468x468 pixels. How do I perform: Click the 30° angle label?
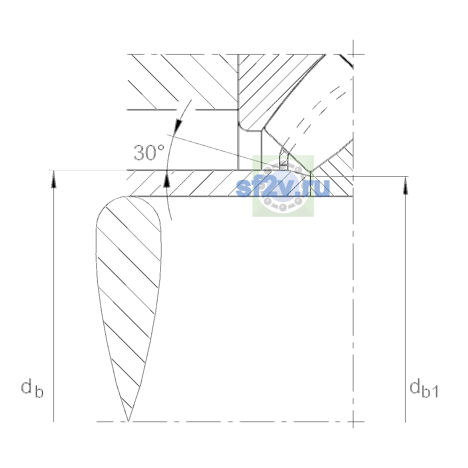coord(149,152)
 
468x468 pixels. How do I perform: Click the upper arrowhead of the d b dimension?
coord(54,179)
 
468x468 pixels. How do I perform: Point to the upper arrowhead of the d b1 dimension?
coord(405,185)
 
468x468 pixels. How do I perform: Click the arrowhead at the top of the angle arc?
coord(178,126)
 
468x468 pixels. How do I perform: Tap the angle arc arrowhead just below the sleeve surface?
coord(167,179)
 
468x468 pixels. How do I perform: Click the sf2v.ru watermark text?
coord(283,187)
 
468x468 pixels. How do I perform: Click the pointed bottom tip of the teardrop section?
coord(128,421)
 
